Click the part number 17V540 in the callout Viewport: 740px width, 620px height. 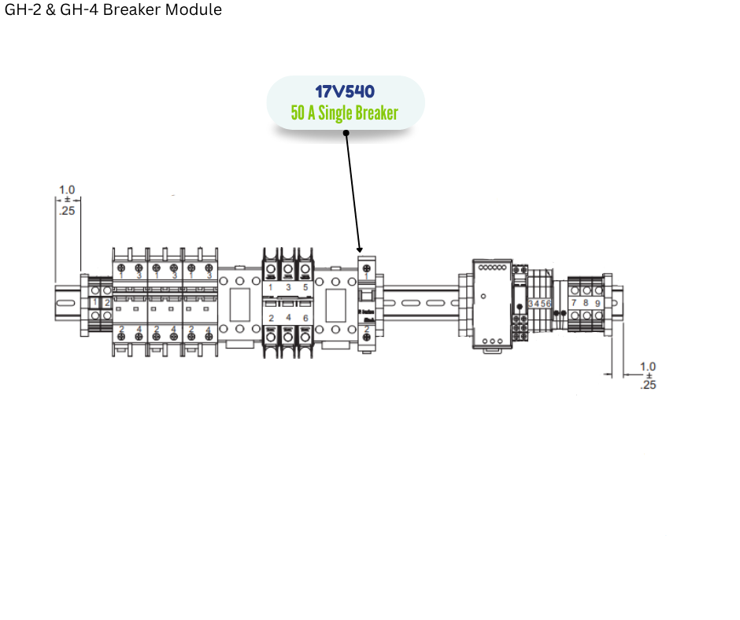(x=344, y=91)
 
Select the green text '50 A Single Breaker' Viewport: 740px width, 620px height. (x=344, y=113)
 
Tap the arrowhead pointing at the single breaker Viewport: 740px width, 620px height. (x=361, y=248)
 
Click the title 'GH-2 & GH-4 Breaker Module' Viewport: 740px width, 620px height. (x=113, y=10)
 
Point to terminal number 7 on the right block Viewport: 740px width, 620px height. (x=574, y=303)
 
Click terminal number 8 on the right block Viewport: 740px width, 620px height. (x=586, y=303)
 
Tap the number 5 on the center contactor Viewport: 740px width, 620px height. (x=305, y=288)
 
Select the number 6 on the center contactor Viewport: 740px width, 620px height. (x=305, y=318)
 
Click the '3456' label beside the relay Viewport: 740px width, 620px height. (x=540, y=303)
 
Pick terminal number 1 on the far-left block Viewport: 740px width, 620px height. (x=94, y=303)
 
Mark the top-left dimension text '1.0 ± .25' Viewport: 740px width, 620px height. (x=67, y=200)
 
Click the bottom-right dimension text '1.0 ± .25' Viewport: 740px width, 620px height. (x=648, y=375)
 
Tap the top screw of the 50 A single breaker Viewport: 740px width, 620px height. (x=367, y=268)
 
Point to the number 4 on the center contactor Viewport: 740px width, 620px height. (x=288, y=318)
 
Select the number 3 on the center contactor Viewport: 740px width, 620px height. (x=288, y=288)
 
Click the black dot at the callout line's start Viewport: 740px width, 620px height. (x=346, y=132)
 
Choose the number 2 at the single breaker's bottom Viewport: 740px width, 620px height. (x=367, y=328)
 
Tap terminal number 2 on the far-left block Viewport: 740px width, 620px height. (x=107, y=303)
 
